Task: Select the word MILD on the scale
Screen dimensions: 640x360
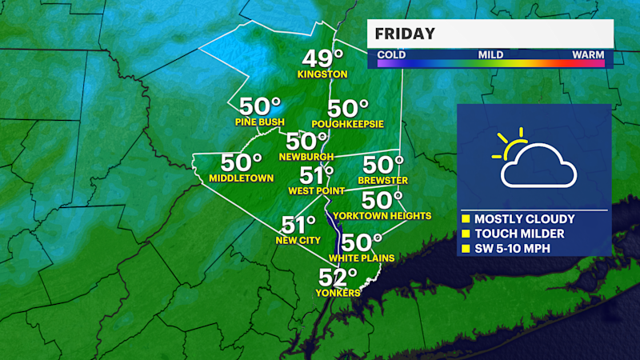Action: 490,55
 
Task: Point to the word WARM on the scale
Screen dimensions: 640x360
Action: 588,55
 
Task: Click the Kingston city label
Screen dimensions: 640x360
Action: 322,74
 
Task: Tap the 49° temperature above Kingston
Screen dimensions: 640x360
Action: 322,59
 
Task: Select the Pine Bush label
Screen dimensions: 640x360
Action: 259,122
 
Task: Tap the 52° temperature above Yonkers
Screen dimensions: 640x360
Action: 338,278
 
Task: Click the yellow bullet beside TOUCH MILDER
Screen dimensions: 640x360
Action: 466,234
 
